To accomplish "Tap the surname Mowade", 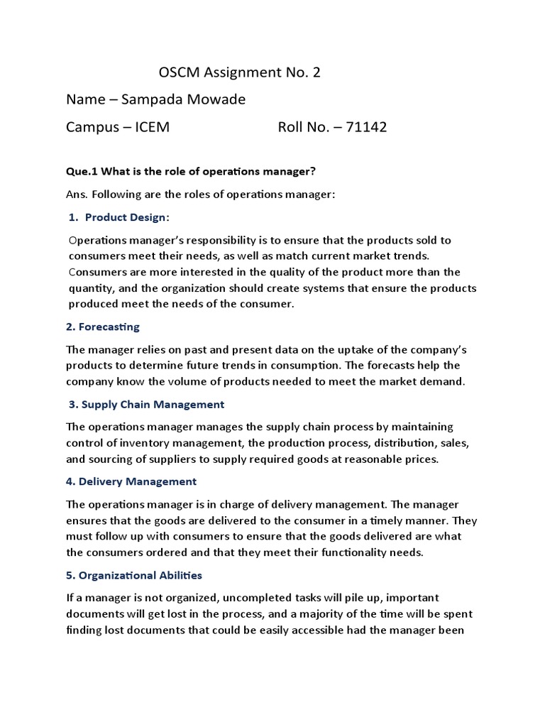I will [219, 99].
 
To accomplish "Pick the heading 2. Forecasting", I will [103, 327].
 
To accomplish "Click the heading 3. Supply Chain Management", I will [146, 404].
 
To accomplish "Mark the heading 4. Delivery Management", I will [131, 481].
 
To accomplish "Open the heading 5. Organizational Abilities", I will [134, 575].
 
